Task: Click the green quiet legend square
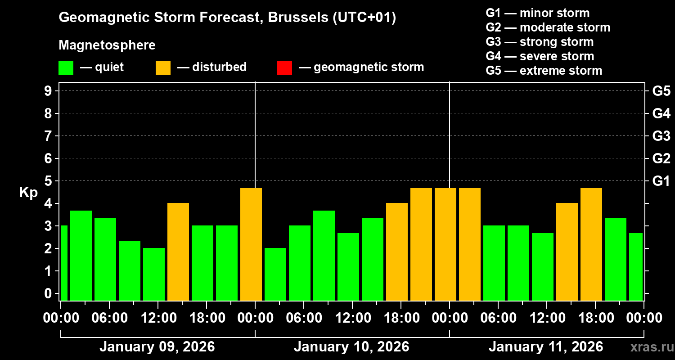[66, 67]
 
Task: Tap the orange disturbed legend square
[163, 67]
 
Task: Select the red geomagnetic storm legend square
[284, 67]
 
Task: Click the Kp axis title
[28, 192]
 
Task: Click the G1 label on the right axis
[661, 181]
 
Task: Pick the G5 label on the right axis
[661, 91]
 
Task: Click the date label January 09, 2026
[157, 347]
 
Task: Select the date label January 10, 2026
[351, 347]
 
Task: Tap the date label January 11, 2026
[546, 347]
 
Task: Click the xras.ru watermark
[648, 347]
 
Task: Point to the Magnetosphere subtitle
[107, 45]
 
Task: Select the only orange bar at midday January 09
[178, 252]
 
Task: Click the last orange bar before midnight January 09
[251, 244]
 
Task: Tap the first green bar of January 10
[275, 274]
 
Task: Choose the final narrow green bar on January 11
[636, 266]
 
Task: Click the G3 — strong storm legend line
[540, 42]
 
